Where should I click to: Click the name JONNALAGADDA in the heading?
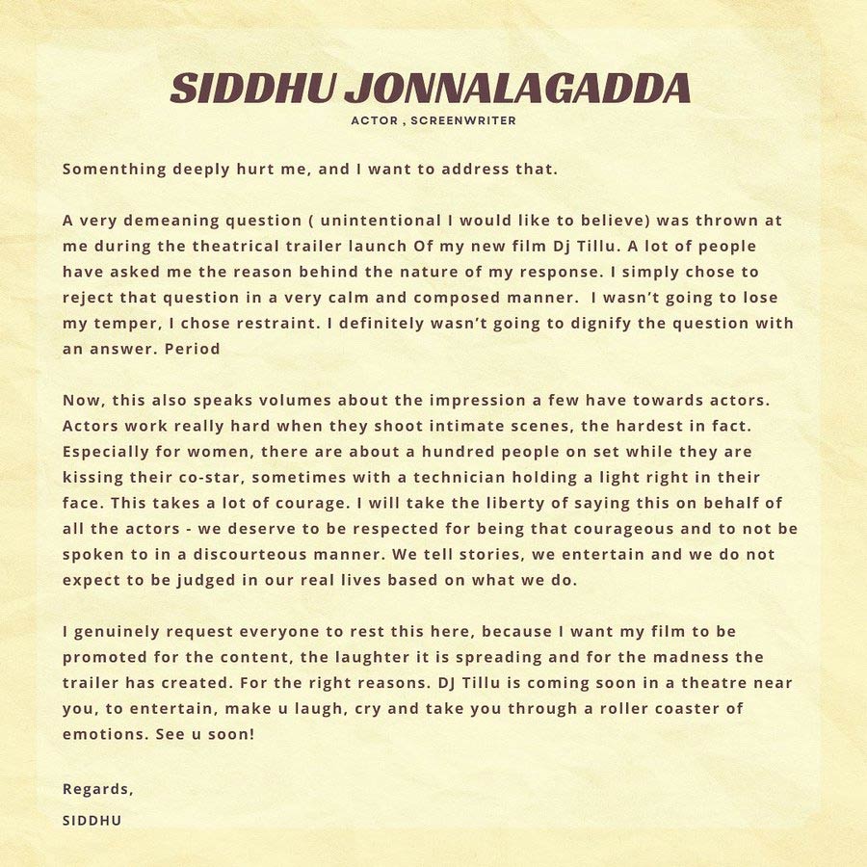pos(517,89)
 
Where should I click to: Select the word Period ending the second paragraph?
pos(192,349)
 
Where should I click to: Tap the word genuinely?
pos(125,632)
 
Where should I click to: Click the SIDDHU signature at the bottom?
pos(92,821)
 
